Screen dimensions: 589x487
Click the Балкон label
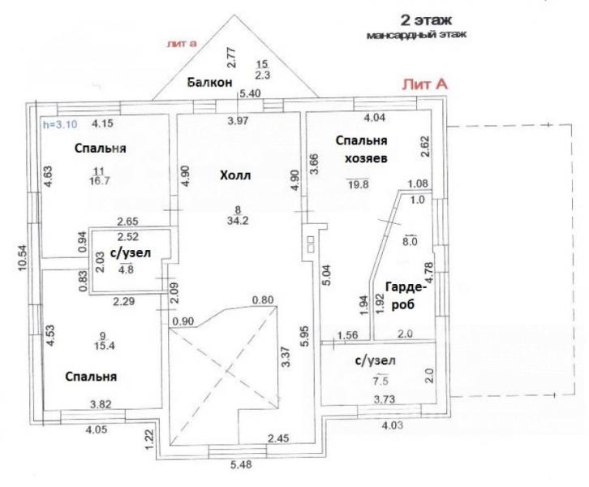(x=209, y=82)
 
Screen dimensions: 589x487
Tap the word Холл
(x=235, y=175)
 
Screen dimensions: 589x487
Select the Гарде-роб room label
(x=405, y=295)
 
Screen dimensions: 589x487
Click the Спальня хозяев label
(x=362, y=149)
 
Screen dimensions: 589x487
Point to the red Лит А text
(x=425, y=84)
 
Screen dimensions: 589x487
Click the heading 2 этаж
(x=426, y=20)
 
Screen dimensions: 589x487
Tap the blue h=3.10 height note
(x=61, y=124)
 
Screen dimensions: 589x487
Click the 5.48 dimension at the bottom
(x=240, y=465)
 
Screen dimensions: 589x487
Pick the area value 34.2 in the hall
(x=238, y=221)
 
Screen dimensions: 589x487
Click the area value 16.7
(x=100, y=181)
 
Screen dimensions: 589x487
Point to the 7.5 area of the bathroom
(x=380, y=381)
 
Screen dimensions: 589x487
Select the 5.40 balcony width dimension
(x=250, y=93)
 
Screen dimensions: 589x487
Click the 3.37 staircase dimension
(x=286, y=356)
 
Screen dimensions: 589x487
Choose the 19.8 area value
(x=359, y=184)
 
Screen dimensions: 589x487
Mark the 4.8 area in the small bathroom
(x=126, y=269)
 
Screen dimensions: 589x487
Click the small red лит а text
(x=183, y=44)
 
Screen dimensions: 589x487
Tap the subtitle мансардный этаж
(x=416, y=35)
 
